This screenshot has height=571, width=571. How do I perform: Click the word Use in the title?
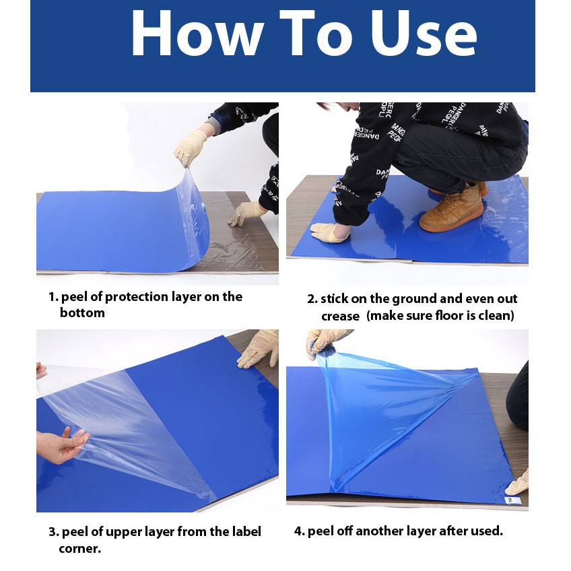tap(424, 34)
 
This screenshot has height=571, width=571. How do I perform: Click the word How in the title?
tap(197, 34)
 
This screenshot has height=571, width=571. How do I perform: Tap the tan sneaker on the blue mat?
tap(451, 207)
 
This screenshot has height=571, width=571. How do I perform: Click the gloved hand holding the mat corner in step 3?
tap(259, 349)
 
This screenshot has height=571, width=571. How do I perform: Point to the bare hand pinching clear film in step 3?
tap(62, 444)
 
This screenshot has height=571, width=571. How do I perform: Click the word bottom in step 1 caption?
tap(82, 313)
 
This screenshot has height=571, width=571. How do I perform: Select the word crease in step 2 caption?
tap(340, 316)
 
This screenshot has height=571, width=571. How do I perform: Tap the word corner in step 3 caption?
tap(79, 549)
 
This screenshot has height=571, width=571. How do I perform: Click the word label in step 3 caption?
tap(246, 532)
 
